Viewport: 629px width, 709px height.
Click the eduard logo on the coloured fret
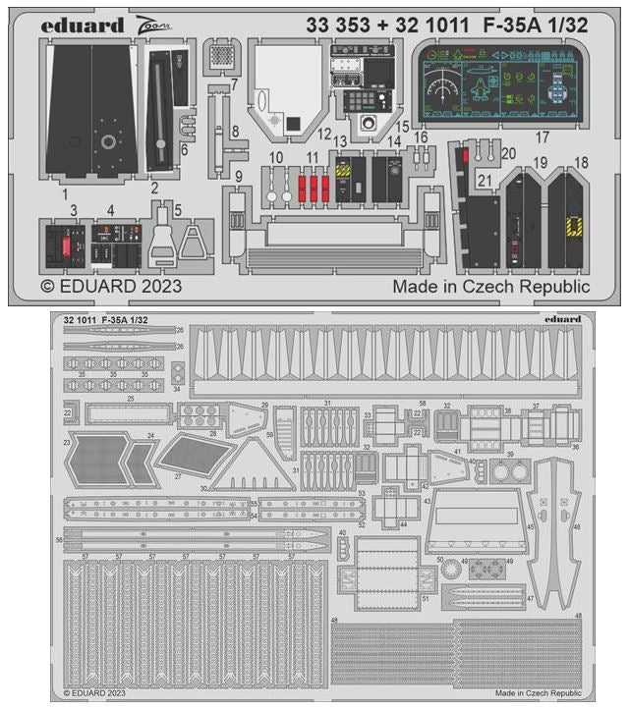click(x=84, y=25)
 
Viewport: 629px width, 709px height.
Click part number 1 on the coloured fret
click(x=64, y=194)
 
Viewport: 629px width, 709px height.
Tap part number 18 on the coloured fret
click(x=582, y=161)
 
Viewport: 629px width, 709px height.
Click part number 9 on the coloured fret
click(x=238, y=175)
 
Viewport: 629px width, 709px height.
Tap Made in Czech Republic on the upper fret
click(x=491, y=287)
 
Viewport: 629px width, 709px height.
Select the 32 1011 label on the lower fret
click(x=79, y=320)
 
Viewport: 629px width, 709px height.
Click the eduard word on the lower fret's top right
click(x=561, y=319)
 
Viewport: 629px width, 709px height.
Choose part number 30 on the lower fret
click(x=203, y=488)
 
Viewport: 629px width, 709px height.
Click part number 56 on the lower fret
click(x=60, y=540)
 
